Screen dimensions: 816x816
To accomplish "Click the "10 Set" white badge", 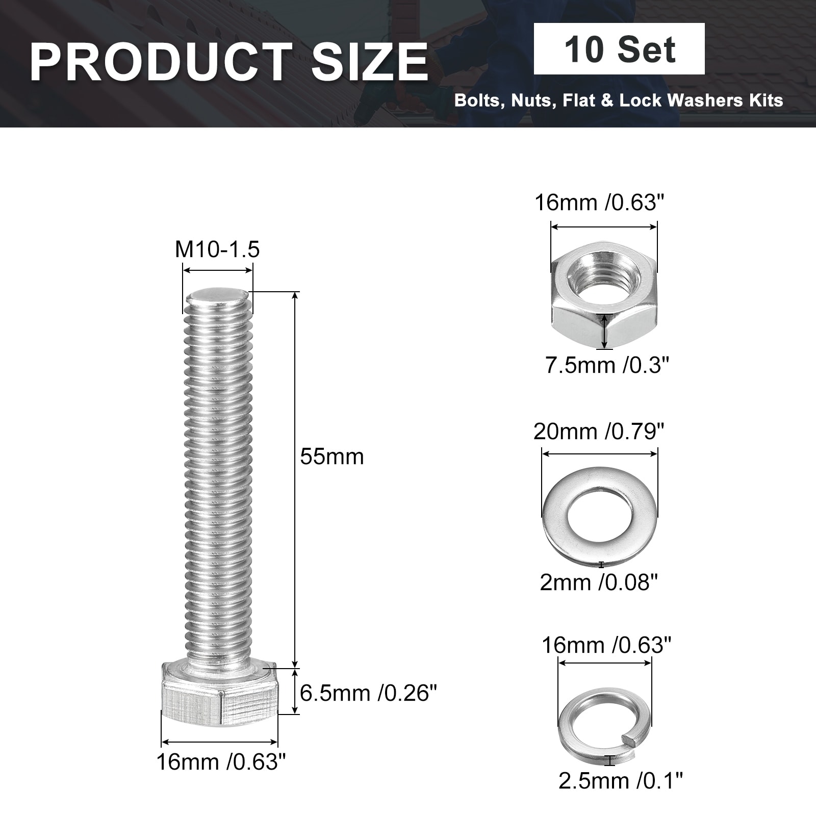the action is click(619, 49).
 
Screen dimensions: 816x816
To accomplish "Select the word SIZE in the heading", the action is click(370, 62).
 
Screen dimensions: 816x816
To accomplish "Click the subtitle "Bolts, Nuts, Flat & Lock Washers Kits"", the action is click(619, 100).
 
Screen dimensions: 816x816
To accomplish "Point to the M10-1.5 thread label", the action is click(217, 249).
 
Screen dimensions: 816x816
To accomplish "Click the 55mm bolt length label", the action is click(332, 456).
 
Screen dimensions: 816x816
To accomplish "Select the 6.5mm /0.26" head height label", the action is click(368, 694).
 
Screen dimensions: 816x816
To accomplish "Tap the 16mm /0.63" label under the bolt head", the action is click(221, 762).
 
